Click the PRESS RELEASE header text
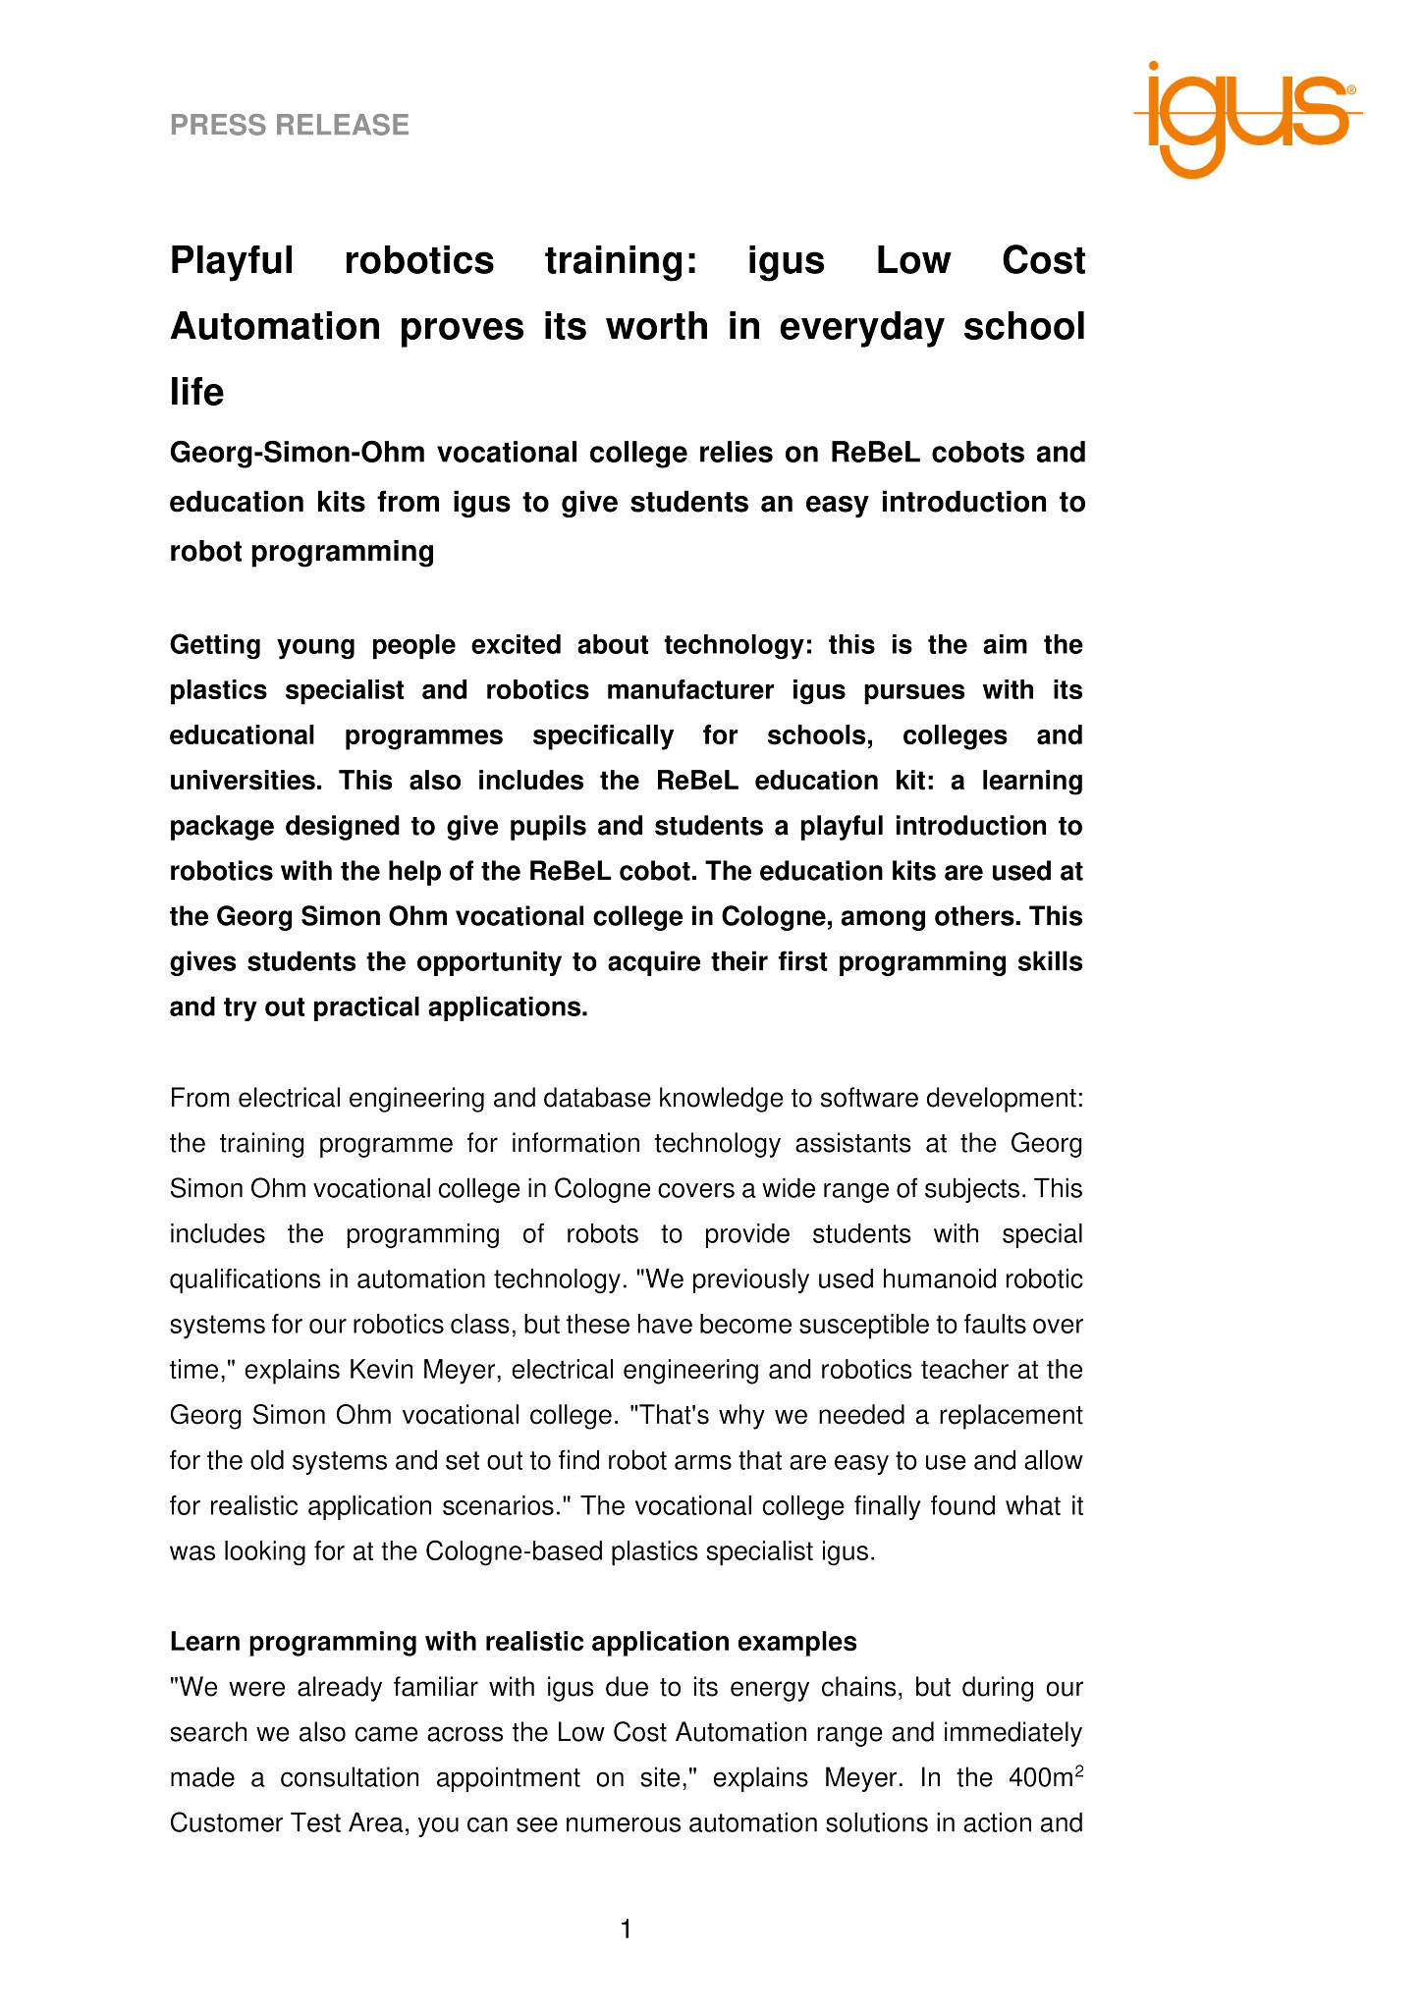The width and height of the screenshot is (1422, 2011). [290, 126]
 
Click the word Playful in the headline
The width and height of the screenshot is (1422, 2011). [232, 261]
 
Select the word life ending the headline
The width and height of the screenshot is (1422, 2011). [196, 392]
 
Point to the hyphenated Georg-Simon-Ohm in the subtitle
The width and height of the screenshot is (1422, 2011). [297, 453]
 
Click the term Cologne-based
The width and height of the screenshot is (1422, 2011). [515, 1550]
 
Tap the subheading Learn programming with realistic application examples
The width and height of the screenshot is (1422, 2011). [513, 1642]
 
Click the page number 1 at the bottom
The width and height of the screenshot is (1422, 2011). [626, 1930]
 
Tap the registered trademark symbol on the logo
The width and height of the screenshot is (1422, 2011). [1351, 90]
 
